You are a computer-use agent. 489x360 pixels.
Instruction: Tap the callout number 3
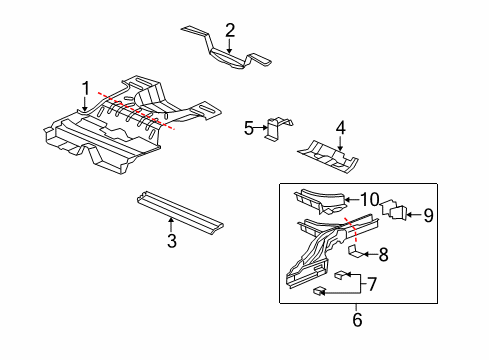click(x=172, y=241)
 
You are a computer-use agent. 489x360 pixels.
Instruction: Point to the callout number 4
click(x=340, y=127)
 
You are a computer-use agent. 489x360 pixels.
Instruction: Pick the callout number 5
click(x=249, y=127)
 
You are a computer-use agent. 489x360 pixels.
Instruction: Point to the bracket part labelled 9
click(x=397, y=210)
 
